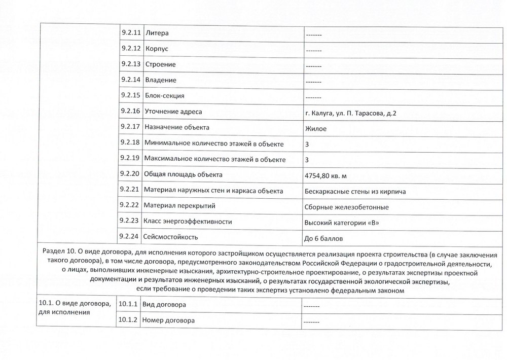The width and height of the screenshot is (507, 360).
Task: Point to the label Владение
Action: pos(161,81)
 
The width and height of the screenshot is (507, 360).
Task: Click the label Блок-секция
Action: pos(165,96)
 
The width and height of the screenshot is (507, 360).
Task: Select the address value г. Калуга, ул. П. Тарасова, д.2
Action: pos(351,113)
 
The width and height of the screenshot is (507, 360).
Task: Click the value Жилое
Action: pos(316,128)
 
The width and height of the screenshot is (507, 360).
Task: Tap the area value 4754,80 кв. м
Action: pos(327,175)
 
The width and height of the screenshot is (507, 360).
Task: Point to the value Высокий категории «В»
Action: pos(341,223)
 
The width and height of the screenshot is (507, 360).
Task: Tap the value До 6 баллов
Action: pos(328,238)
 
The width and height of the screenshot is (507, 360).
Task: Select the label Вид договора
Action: pos(164,305)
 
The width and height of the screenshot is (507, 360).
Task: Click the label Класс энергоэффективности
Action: pos(188,222)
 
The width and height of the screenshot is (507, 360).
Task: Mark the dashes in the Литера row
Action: pos(314,34)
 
